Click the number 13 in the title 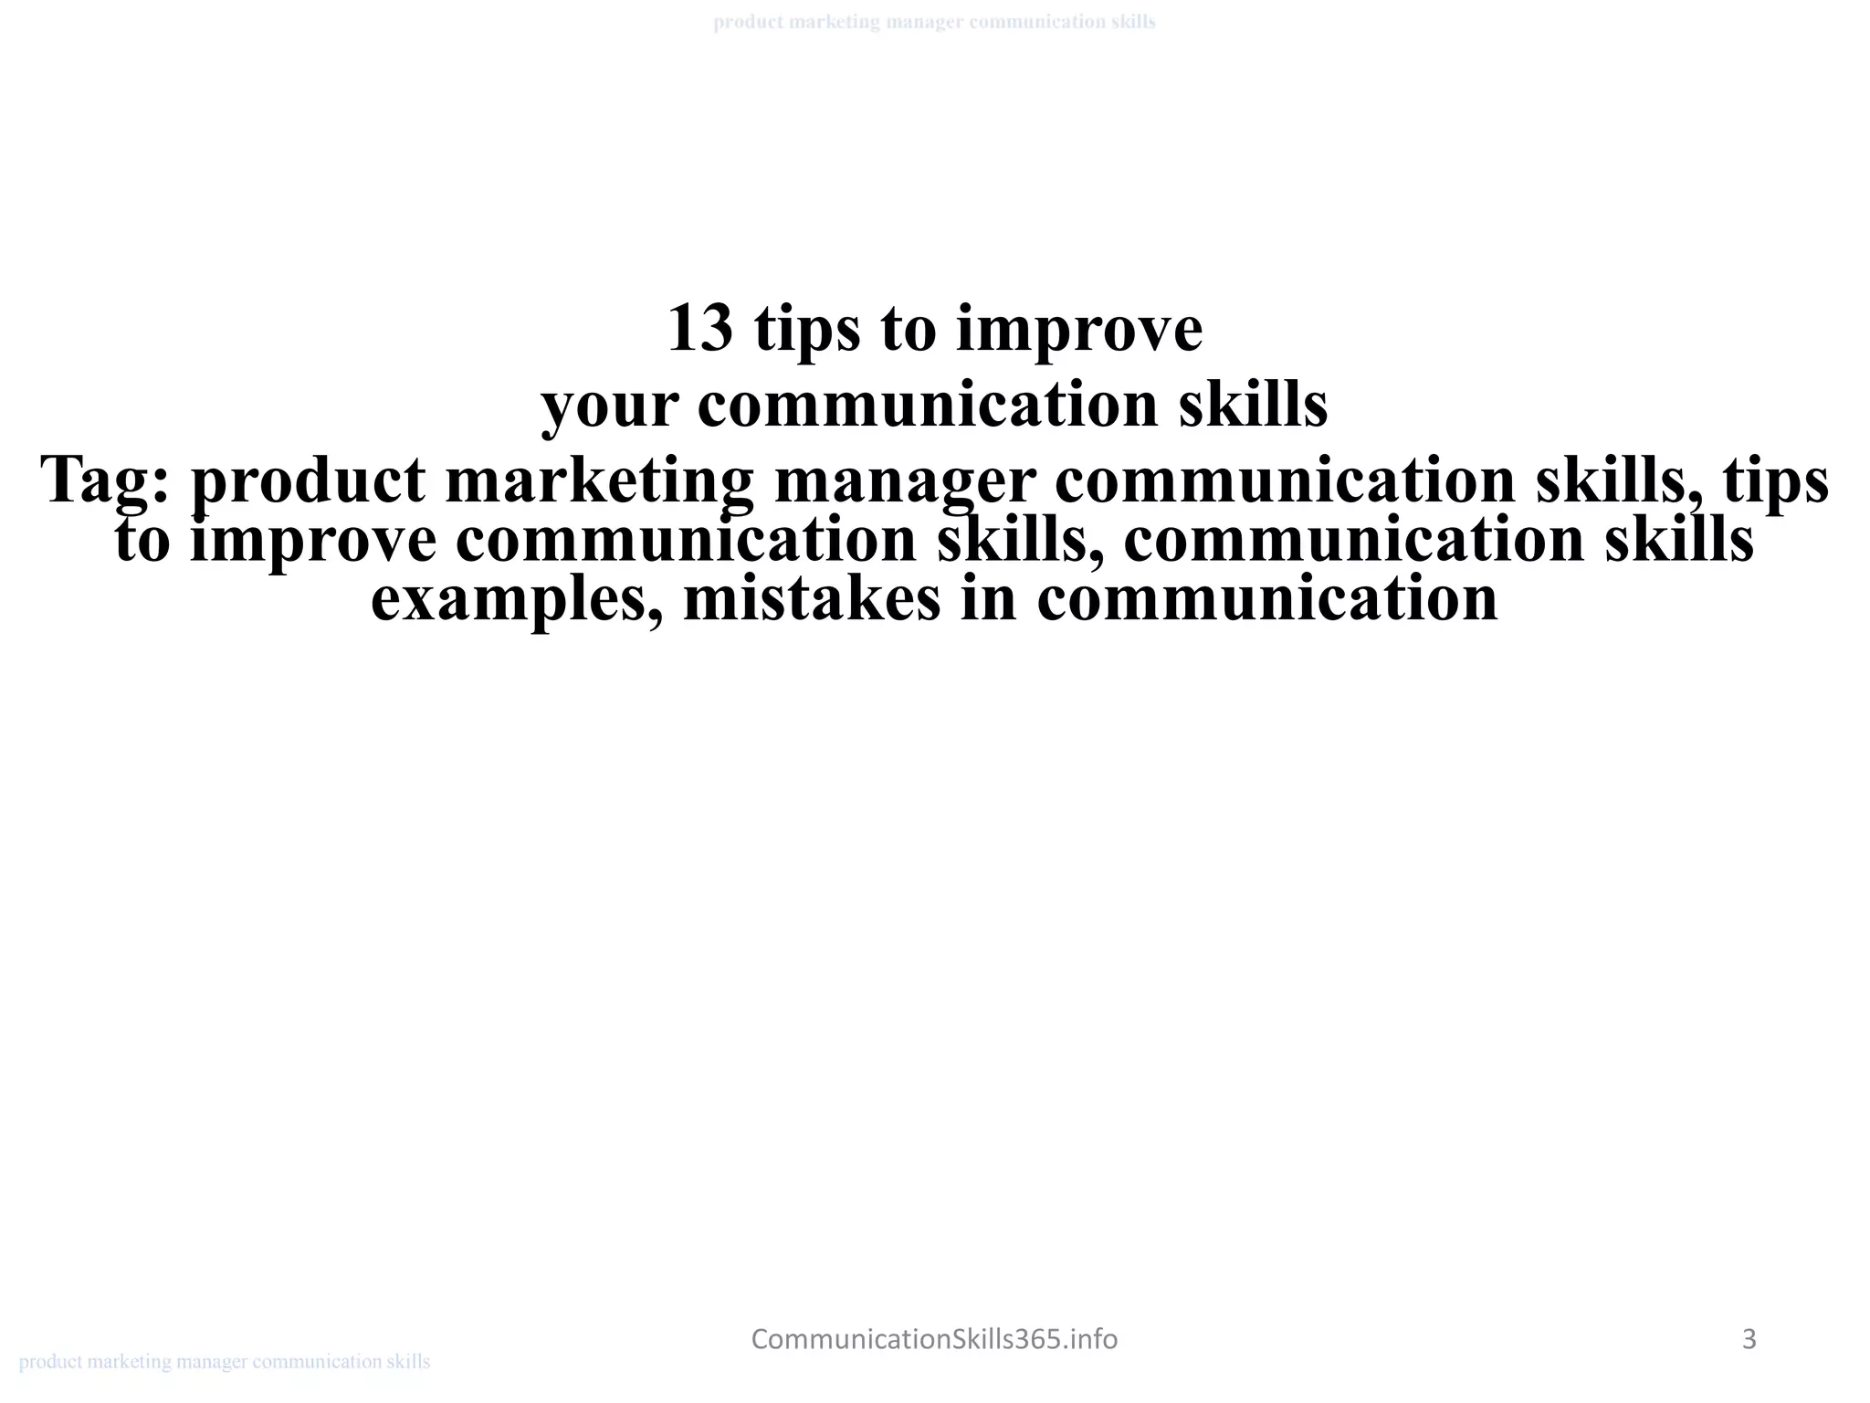[x=699, y=329]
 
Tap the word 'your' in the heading [x=609, y=406]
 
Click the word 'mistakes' [x=812, y=599]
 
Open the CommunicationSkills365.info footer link [x=934, y=1339]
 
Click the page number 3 [x=1749, y=1339]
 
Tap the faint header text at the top [x=934, y=22]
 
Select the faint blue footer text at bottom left [x=225, y=1362]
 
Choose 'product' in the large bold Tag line [x=308, y=480]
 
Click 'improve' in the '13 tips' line [x=1079, y=329]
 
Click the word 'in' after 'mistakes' [x=989, y=599]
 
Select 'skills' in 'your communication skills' [x=1253, y=405]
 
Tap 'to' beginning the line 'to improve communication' [x=142, y=541]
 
